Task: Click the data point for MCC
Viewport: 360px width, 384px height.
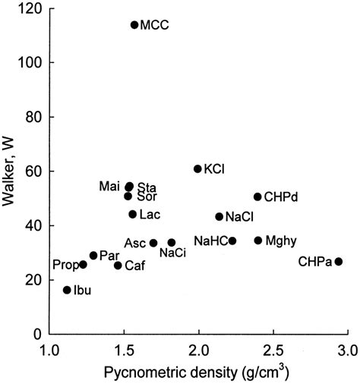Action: [134, 25]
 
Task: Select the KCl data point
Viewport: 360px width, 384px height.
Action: [197, 169]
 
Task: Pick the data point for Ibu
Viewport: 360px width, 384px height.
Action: [67, 290]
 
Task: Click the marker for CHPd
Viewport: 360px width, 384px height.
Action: [257, 197]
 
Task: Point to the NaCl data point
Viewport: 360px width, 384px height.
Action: [219, 217]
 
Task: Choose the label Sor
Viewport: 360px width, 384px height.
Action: [147, 197]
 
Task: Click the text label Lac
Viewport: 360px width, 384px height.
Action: [150, 215]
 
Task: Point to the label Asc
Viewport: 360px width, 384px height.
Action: [135, 243]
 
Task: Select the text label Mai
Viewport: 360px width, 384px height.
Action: [109, 186]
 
